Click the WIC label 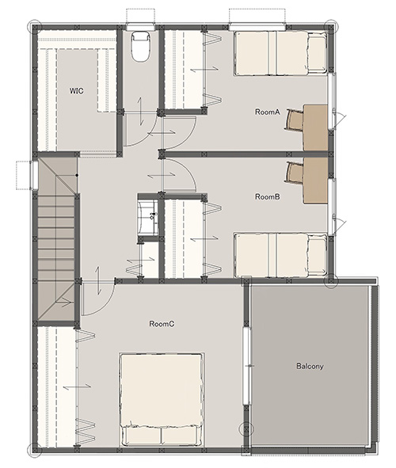pos(76,90)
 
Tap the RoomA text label pos(268,112)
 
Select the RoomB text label pos(268,196)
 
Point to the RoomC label pos(162,324)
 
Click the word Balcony pos(310,366)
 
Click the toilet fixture pos(140,47)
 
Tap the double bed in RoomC pos(162,400)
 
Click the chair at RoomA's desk pos(294,120)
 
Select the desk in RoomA pos(316,127)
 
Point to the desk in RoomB pos(316,181)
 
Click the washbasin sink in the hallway pos(148,217)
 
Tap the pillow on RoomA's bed pos(318,52)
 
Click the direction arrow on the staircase pos(64,302)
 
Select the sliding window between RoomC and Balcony pos(246,366)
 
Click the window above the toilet pos(140,28)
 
